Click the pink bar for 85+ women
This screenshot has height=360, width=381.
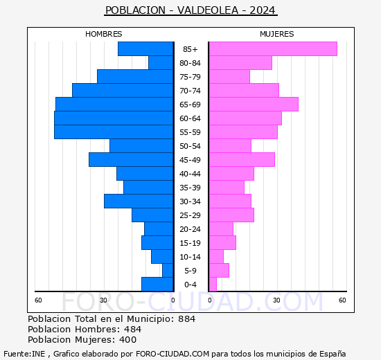pyautogui.click(x=272, y=49)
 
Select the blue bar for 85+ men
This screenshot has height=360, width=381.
pyautogui.click(x=145, y=49)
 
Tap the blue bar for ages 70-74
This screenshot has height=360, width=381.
pyautogui.click(x=123, y=91)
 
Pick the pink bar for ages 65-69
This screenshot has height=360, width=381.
pyautogui.click(x=253, y=105)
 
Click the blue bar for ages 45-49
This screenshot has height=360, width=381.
pyautogui.click(x=131, y=160)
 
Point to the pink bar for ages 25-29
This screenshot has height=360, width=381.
pyautogui.click(x=231, y=215)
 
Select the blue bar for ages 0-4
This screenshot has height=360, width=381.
pyautogui.click(x=157, y=285)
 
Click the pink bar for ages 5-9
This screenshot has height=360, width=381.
pyautogui.click(x=218, y=271)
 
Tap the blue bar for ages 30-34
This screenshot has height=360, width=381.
pyautogui.click(x=139, y=201)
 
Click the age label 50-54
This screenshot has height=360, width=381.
pyautogui.click(x=190, y=146)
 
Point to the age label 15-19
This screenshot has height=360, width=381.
pyautogui.click(x=190, y=243)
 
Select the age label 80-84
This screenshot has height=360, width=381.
pyautogui.click(x=190, y=63)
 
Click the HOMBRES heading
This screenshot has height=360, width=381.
pyautogui.click(x=104, y=34)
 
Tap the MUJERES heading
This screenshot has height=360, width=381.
pyautogui.click(x=276, y=34)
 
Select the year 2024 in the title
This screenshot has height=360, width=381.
pyautogui.click(x=263, y=10)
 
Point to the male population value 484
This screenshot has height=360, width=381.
pyautogui.click(x=133, y=330)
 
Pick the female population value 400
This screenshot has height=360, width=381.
pyautogui.click(x=127, y=340)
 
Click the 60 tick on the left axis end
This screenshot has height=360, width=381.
pyautogui.click(x=39, y=300)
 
